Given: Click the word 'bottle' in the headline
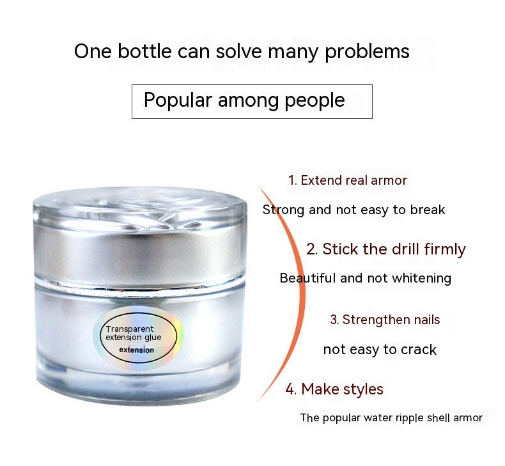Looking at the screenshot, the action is coord(144,51).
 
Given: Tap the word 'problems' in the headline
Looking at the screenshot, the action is coord(367,52).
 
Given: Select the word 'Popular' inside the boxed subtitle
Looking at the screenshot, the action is coord(178,100).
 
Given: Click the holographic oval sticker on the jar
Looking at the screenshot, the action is coord(139,338).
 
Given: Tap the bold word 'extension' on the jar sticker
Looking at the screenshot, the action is coord(137,350).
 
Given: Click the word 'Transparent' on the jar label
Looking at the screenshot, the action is coord(130,329).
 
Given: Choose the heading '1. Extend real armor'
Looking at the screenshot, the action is coord(348,180).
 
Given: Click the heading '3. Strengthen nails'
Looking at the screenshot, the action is coord(385,320).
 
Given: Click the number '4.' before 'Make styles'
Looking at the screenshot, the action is coord(291,389).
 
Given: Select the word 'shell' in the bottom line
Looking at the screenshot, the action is coord(439,417).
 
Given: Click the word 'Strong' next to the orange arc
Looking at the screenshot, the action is coord(283,210).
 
